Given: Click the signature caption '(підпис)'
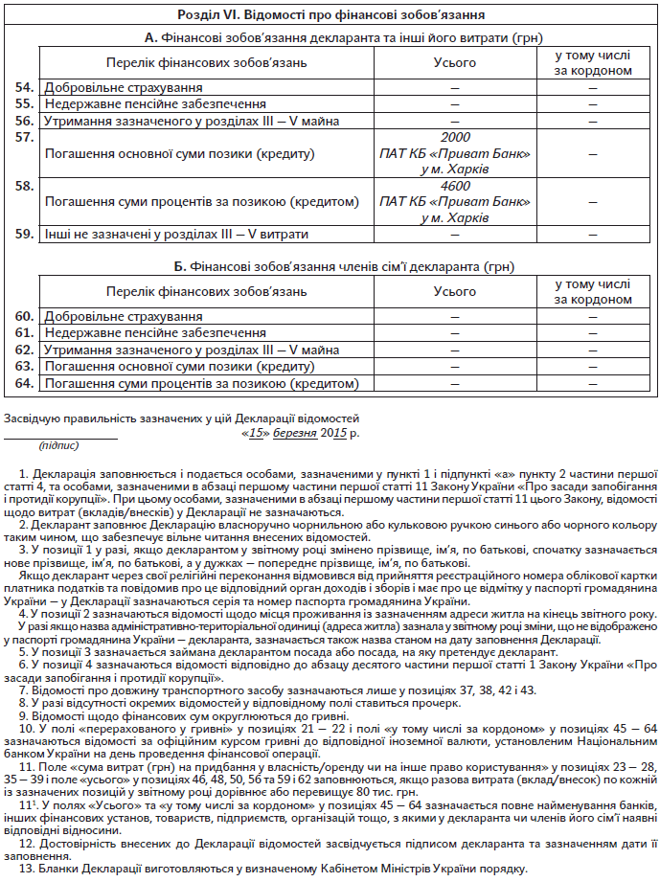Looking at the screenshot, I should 59,445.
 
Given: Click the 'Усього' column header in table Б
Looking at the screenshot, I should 455,291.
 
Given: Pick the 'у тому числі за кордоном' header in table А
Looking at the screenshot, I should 594,63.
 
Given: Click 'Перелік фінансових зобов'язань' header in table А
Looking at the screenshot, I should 207,63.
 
